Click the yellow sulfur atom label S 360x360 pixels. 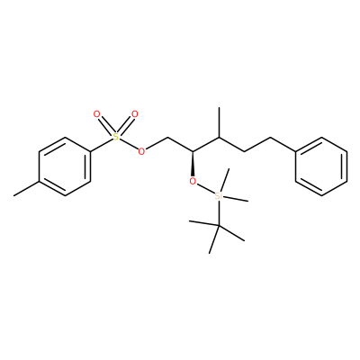coord(116,137)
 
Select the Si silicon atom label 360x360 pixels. coord(219,196)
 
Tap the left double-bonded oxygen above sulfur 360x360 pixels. coord(96,114)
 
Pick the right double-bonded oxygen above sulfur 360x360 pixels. coord(135,114)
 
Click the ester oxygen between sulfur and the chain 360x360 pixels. coord(141,151)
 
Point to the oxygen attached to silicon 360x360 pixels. coord(193,181)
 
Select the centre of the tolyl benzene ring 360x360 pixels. coord(65,166)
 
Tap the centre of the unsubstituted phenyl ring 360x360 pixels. coord(321,166)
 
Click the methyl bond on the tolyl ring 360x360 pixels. coord(26,189)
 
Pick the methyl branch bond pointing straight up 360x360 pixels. coord(219,122)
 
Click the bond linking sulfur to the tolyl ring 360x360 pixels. coord(102,145)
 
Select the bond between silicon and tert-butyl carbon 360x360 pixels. coord(219,213)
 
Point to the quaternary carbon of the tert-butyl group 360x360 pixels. coord(219,225)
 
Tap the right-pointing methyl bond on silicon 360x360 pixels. coord(236,199)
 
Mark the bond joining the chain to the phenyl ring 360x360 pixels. coord(283,145)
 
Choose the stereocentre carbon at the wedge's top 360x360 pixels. coord(193,152)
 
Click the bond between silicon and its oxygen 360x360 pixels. coord(205,188)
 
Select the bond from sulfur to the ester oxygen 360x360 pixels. coord(129,144)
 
